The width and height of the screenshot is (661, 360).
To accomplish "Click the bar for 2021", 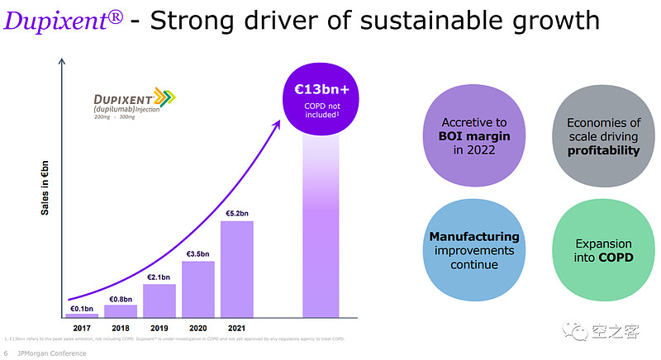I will [237, 268].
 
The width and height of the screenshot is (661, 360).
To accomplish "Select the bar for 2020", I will [198, 289].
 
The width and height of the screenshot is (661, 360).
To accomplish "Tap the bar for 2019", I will [159, 300].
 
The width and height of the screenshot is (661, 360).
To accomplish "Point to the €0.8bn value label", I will [121, 299].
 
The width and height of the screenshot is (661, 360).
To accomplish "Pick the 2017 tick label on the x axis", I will [82, 328].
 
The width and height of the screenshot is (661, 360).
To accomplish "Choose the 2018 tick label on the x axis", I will [121, 328].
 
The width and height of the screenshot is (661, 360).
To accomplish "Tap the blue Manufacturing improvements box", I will [474, 250].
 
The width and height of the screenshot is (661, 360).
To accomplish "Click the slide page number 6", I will [7, 353].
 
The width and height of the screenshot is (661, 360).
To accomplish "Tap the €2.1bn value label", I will [159, 277].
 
